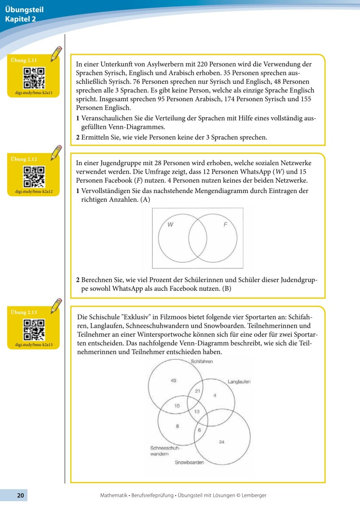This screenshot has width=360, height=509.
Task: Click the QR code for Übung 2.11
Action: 34,77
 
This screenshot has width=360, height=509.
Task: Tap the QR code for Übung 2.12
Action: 34,177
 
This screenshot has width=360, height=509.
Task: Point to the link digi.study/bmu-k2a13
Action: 34,345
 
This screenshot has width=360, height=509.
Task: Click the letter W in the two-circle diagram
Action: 171,225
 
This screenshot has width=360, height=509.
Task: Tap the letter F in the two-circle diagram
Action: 225,225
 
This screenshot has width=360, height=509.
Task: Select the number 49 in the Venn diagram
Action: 173,381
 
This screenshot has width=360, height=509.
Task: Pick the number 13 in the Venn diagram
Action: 197,412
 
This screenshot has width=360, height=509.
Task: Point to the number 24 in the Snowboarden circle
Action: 221,442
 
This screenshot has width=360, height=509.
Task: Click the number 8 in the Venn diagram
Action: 177,426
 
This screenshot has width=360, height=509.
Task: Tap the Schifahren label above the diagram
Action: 202,361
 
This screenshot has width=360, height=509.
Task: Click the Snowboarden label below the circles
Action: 189,463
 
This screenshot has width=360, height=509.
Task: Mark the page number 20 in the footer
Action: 20,495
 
